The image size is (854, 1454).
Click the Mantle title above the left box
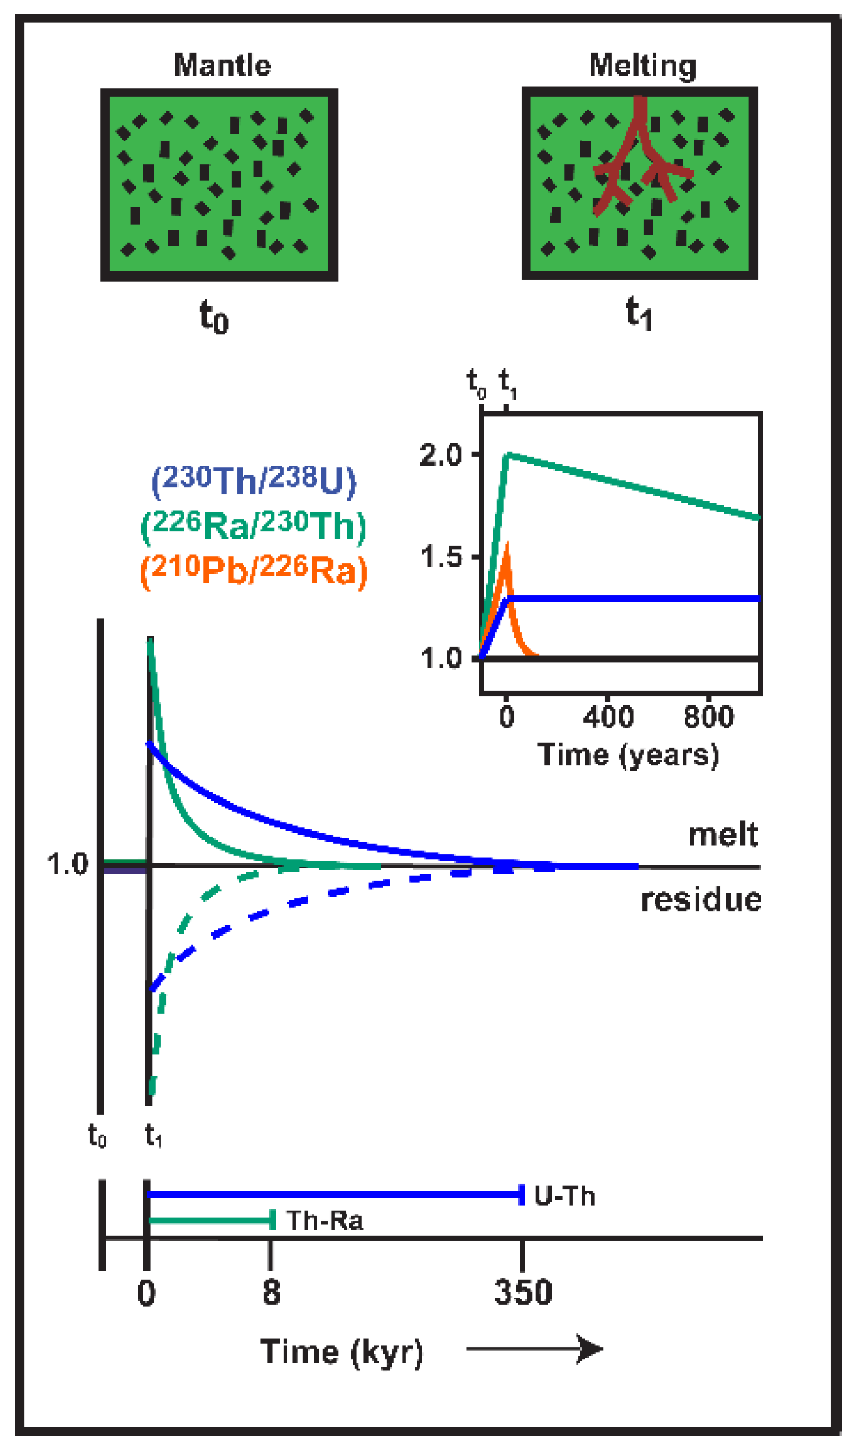pyautogui.click(x=222, y=65)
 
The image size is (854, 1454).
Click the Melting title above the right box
pyautogui.click(x=642, y=65)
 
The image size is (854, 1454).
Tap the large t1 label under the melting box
pyautogui.click(x=639, y=314)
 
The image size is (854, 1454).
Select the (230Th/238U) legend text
pyautogui.click(x=254, y=481)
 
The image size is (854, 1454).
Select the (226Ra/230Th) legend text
pyautogui.click(x=254, y=525)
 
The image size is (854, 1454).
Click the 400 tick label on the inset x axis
pyautogui.click(x=608, y=717)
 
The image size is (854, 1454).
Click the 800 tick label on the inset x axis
pyautogui.click(x=709, y=717)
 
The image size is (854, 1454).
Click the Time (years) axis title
pyautogui.click(x=628, y=755)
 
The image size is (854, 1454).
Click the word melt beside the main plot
pyautogui.click(x=723, y=835)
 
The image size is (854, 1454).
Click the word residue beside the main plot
pyautogui.click(x=701, y=900)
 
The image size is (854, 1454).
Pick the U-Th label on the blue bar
pyautogui.click(x=565, y=1196)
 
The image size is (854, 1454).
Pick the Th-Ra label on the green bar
pyautogui.click(x=324, y=1221)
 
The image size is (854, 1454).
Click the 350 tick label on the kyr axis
pyautogui.click(x=523, y=1292)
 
